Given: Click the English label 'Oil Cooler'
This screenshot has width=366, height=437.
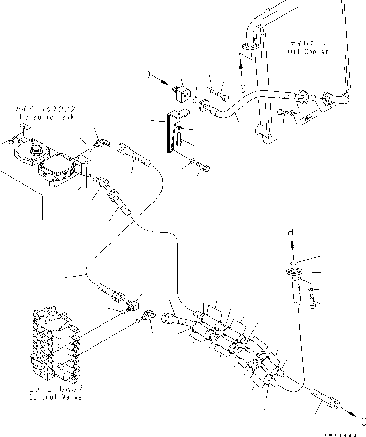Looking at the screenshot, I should [309, 52].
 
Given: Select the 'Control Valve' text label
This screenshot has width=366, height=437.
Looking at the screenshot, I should [55, 397].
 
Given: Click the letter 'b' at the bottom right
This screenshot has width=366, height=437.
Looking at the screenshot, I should [363, 421].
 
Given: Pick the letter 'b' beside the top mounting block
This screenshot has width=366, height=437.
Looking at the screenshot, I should [148, 74].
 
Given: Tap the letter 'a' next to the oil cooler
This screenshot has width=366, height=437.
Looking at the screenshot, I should [243, 88].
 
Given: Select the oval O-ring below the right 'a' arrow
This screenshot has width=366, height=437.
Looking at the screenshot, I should [294, 262].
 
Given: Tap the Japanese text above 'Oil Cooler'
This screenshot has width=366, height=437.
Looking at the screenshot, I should [309, 43].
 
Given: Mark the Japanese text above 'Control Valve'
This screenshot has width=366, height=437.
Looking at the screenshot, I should [55, 389].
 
